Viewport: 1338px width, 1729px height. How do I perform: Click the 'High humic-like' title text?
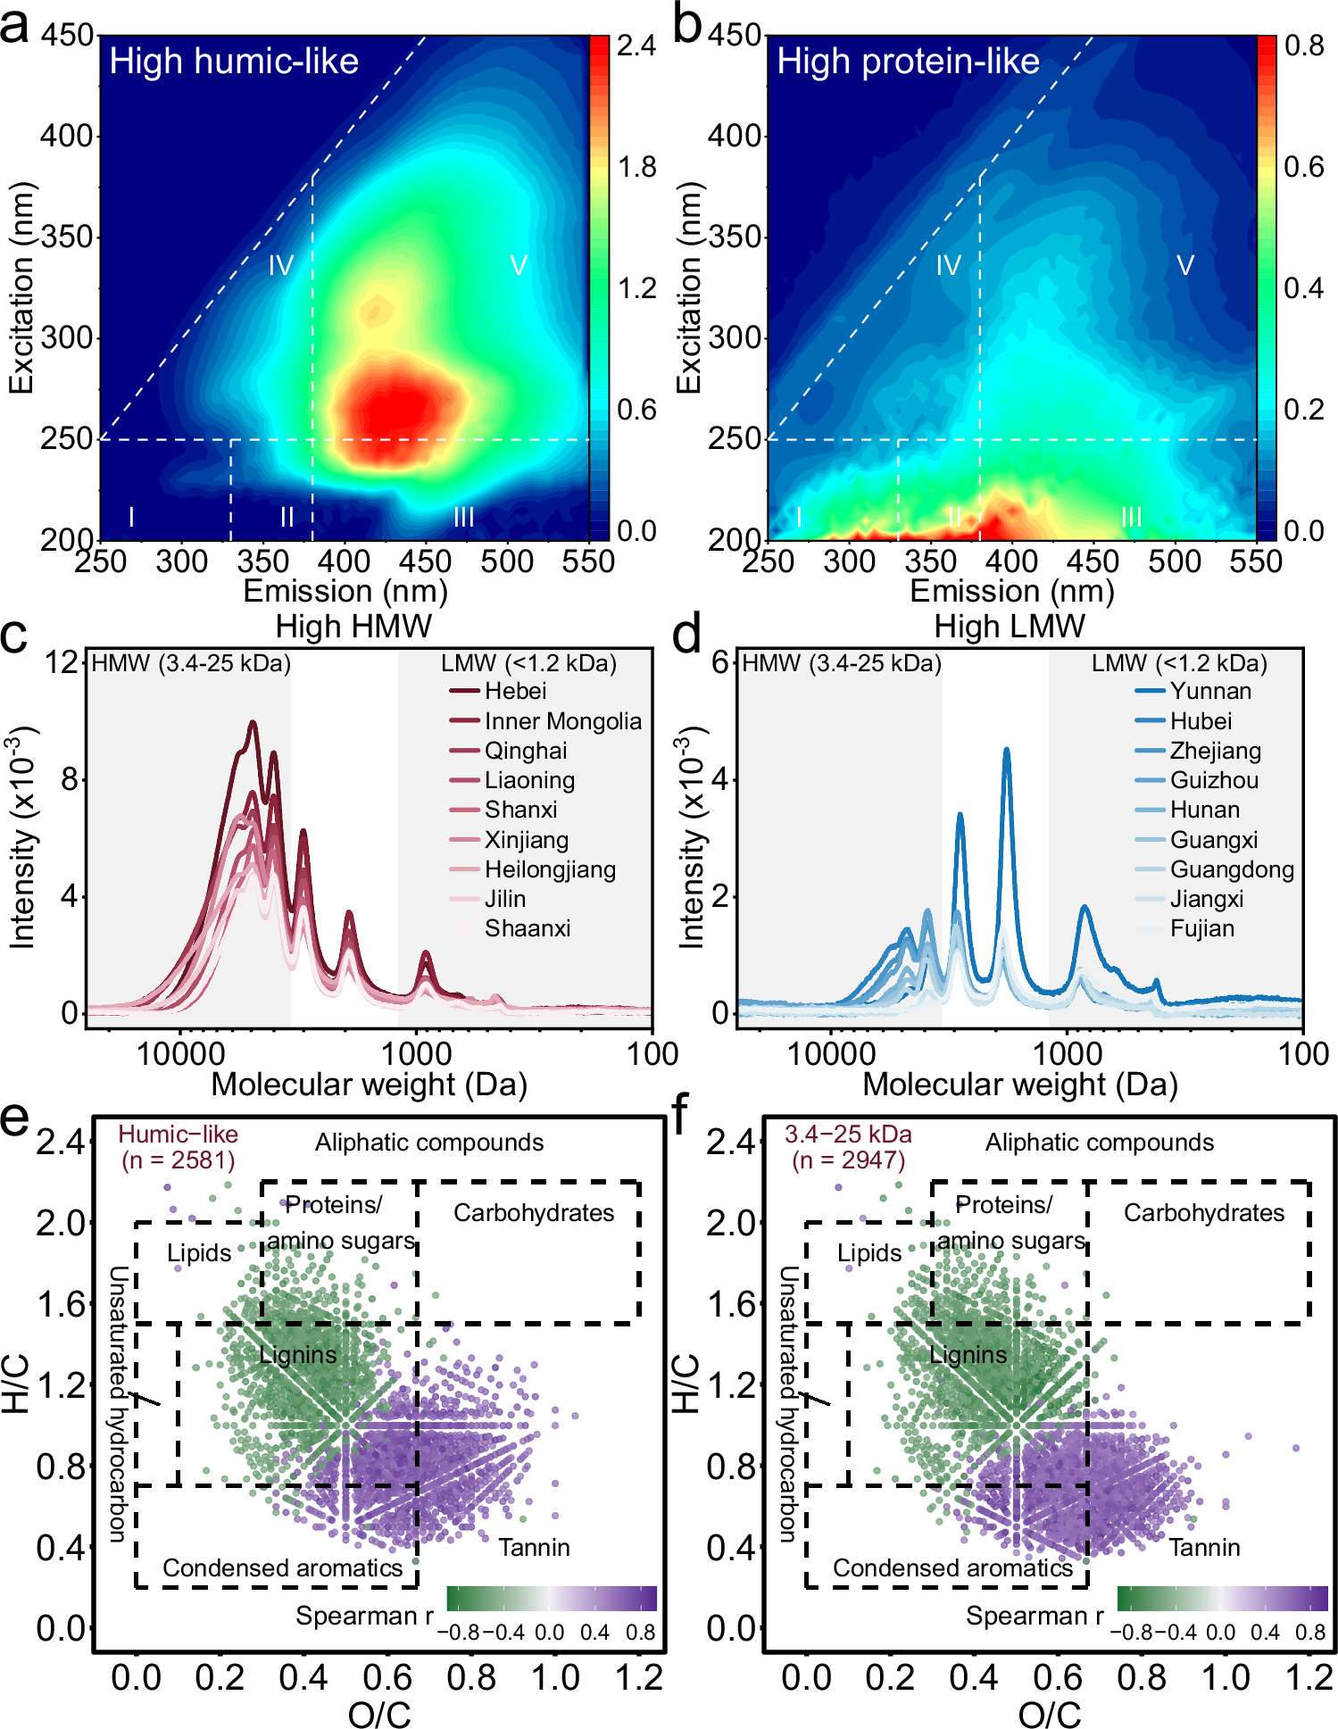click(234, 62)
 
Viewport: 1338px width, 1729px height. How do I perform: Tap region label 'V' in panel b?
click(1184, 265)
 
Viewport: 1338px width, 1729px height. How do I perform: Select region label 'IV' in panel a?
click(281, 265)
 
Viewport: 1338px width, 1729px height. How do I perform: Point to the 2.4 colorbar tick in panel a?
click(636, 46)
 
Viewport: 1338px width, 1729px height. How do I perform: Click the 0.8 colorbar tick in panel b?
click(1303, 46)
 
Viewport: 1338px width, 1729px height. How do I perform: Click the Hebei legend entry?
click(514, 691)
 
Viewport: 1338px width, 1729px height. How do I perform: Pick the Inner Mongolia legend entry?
click(562, 721)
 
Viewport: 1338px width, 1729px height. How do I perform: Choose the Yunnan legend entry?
click(1210, 691)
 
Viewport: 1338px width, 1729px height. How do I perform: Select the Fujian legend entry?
click(1201, 928)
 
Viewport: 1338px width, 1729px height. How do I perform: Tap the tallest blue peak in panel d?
click(1007, 751)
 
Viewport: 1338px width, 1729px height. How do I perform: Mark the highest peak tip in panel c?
click(253, 722)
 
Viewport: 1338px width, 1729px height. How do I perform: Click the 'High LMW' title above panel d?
click(1010, 627)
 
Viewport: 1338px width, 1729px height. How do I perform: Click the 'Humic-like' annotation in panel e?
click(178, 1135)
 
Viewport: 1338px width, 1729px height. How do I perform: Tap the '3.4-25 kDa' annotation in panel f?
click(848, 1135)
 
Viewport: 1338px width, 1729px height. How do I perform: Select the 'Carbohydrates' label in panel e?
click(534, 1212)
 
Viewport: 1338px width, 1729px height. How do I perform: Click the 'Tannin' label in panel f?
click(1204, 1547)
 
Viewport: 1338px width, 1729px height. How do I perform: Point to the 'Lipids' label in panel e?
click(199, 1253)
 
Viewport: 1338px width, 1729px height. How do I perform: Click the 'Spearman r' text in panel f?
click(1035, 1616)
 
